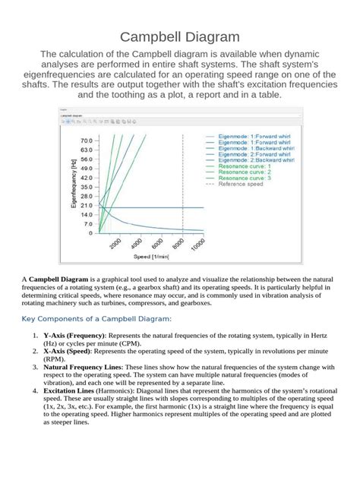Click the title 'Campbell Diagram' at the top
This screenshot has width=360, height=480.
(180, 36)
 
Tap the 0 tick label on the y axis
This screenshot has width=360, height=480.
(90, 234)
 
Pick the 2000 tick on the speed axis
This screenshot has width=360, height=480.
(115, 243)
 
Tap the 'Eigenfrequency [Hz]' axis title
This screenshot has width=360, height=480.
(74, 182)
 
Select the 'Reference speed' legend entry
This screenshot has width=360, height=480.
(241, 184)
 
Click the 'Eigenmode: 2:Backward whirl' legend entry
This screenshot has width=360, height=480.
(254, 160)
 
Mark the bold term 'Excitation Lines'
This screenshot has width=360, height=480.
(71, 392)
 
